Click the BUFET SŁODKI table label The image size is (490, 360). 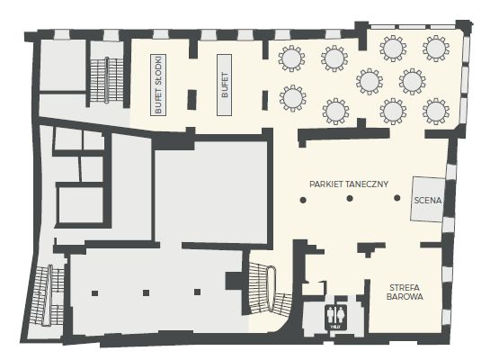[x=158, y=85]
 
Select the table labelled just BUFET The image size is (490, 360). [x=225, y=85]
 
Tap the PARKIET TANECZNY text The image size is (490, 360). [x=349, y=184]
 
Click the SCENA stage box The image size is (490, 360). [x=428, y=199]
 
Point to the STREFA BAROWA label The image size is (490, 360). [x=405, y=292]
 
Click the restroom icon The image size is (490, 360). [x=336, y=317]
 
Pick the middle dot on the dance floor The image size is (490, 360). [x=350, y=198]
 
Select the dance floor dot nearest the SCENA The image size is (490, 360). [x=397, y=198]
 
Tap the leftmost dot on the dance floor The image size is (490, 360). [x=303, y=200]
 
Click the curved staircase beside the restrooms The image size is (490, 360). [x=270, y=288]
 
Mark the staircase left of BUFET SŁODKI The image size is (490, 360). [x=107, y=80]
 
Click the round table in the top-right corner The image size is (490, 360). [x=436, y=49]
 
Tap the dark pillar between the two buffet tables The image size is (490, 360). [x=192, y=100]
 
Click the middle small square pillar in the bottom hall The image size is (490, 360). [x=146, y=292]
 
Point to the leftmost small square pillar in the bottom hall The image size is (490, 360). [x=94, y=293]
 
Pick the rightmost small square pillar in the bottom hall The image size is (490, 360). [x=197, y=292]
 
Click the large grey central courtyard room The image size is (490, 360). [x=211, y=192]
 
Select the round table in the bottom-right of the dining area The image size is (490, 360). [x=436, y=112]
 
